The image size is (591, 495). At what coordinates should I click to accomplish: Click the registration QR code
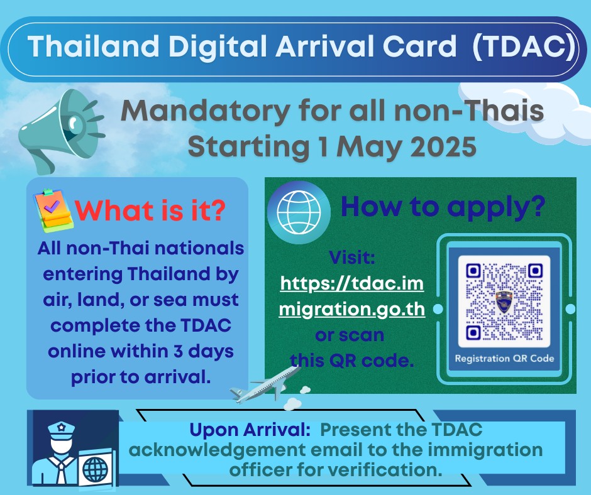point(504,301)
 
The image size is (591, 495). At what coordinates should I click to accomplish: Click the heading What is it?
point(150,210)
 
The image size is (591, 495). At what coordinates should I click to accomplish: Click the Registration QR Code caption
point(504,359)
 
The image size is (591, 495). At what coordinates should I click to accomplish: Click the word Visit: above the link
point(351,258)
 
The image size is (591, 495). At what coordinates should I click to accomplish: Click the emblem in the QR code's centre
point(504,300)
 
